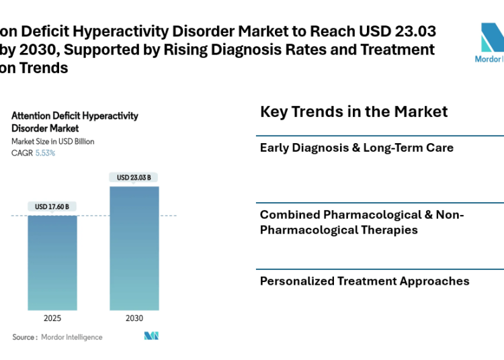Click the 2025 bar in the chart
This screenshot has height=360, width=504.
tap(52, 262)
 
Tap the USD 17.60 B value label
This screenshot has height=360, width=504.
tap(52, 207)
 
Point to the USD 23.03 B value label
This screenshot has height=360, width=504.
tap(134, 178)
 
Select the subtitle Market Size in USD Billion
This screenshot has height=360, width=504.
tap(53, 142)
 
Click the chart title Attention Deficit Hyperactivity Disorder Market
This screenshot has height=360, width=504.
tap(75, 122)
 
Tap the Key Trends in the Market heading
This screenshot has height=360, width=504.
tap(353, 111)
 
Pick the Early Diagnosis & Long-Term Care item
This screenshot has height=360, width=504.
tap(356, 148)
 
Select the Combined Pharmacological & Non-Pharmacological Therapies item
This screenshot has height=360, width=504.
tap(362, 222)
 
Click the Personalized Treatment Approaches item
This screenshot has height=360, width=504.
tap(364, 281)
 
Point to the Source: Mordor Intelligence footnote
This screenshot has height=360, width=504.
tap(57, 337)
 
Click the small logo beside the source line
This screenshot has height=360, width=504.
tap(151, 336)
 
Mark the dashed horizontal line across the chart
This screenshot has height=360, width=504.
tap(168, 216)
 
